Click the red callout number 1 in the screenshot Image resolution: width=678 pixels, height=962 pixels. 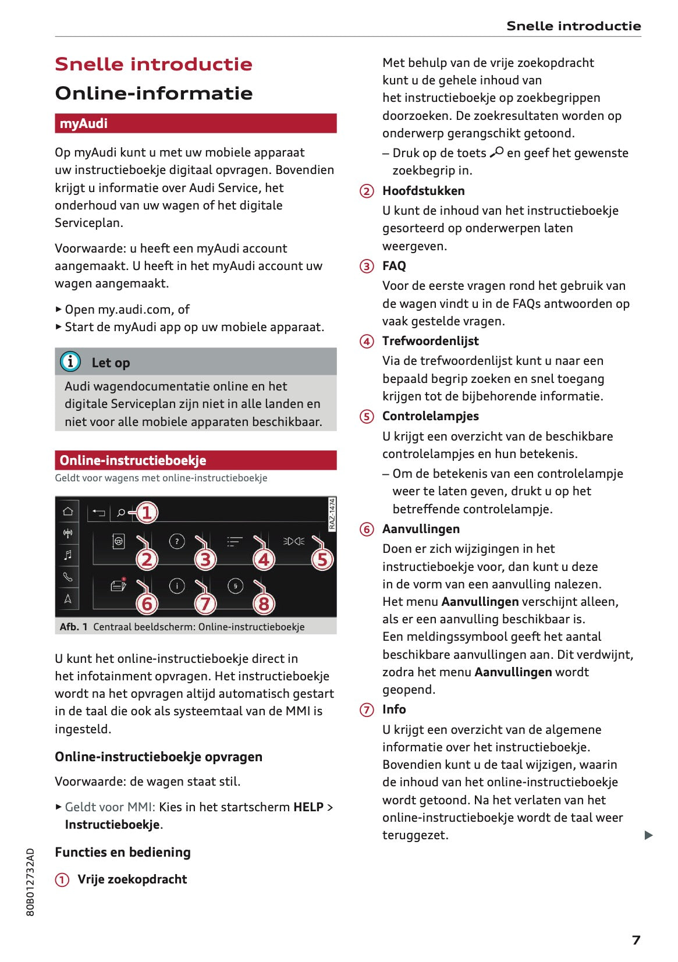147,513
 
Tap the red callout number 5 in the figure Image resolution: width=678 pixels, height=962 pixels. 322,560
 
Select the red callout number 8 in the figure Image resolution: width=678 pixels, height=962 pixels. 264,604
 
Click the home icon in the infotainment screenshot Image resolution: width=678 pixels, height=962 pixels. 68,511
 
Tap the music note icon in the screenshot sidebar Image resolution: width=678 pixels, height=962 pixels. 68,555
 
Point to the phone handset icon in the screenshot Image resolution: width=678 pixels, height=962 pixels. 68,577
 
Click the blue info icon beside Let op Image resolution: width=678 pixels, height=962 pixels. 70,362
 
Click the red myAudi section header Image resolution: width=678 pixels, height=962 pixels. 196,123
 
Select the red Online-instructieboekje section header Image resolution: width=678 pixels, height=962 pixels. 196,460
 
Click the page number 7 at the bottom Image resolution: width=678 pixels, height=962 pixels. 636,940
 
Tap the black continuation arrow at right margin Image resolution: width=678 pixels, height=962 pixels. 649,835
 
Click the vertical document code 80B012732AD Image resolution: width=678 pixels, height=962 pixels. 30,882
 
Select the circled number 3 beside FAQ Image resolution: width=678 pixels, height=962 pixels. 367,267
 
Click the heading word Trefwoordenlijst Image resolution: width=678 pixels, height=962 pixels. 430,341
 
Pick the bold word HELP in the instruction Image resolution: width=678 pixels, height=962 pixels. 308,807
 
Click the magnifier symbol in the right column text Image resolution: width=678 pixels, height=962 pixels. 496,152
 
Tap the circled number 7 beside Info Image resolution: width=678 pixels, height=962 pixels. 367,710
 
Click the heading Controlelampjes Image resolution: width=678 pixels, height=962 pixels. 430,416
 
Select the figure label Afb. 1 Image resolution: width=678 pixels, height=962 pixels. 73,627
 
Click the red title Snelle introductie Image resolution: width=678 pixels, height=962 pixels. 154,64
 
